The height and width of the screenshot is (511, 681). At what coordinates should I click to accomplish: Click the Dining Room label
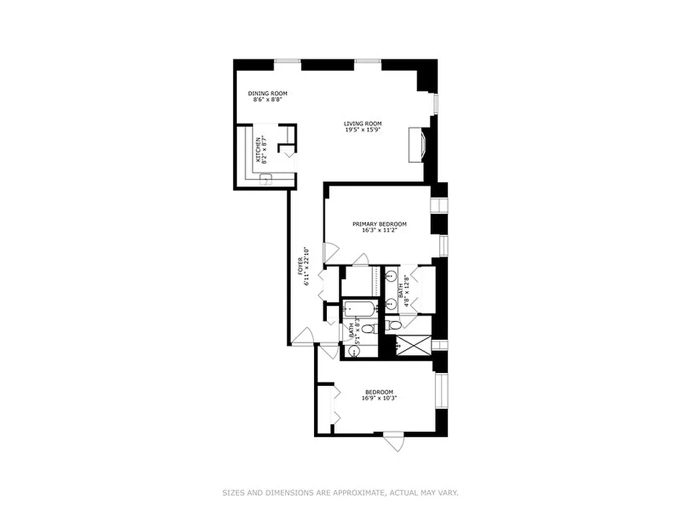coord(267,93)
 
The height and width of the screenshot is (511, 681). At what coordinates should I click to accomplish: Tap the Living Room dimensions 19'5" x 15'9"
coord(363,130)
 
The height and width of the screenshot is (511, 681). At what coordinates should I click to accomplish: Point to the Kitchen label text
coord(259,150)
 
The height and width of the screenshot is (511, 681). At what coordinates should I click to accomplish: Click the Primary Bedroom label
coord(379,224)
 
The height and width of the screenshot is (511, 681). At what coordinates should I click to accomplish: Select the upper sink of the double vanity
coord(392,277)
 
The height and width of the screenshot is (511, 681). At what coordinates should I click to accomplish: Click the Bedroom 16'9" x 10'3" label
coord(379,392)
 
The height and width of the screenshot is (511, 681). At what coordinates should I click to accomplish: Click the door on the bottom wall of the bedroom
coord(394,440)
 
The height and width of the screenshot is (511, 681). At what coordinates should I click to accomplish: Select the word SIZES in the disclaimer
coord(232,492)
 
